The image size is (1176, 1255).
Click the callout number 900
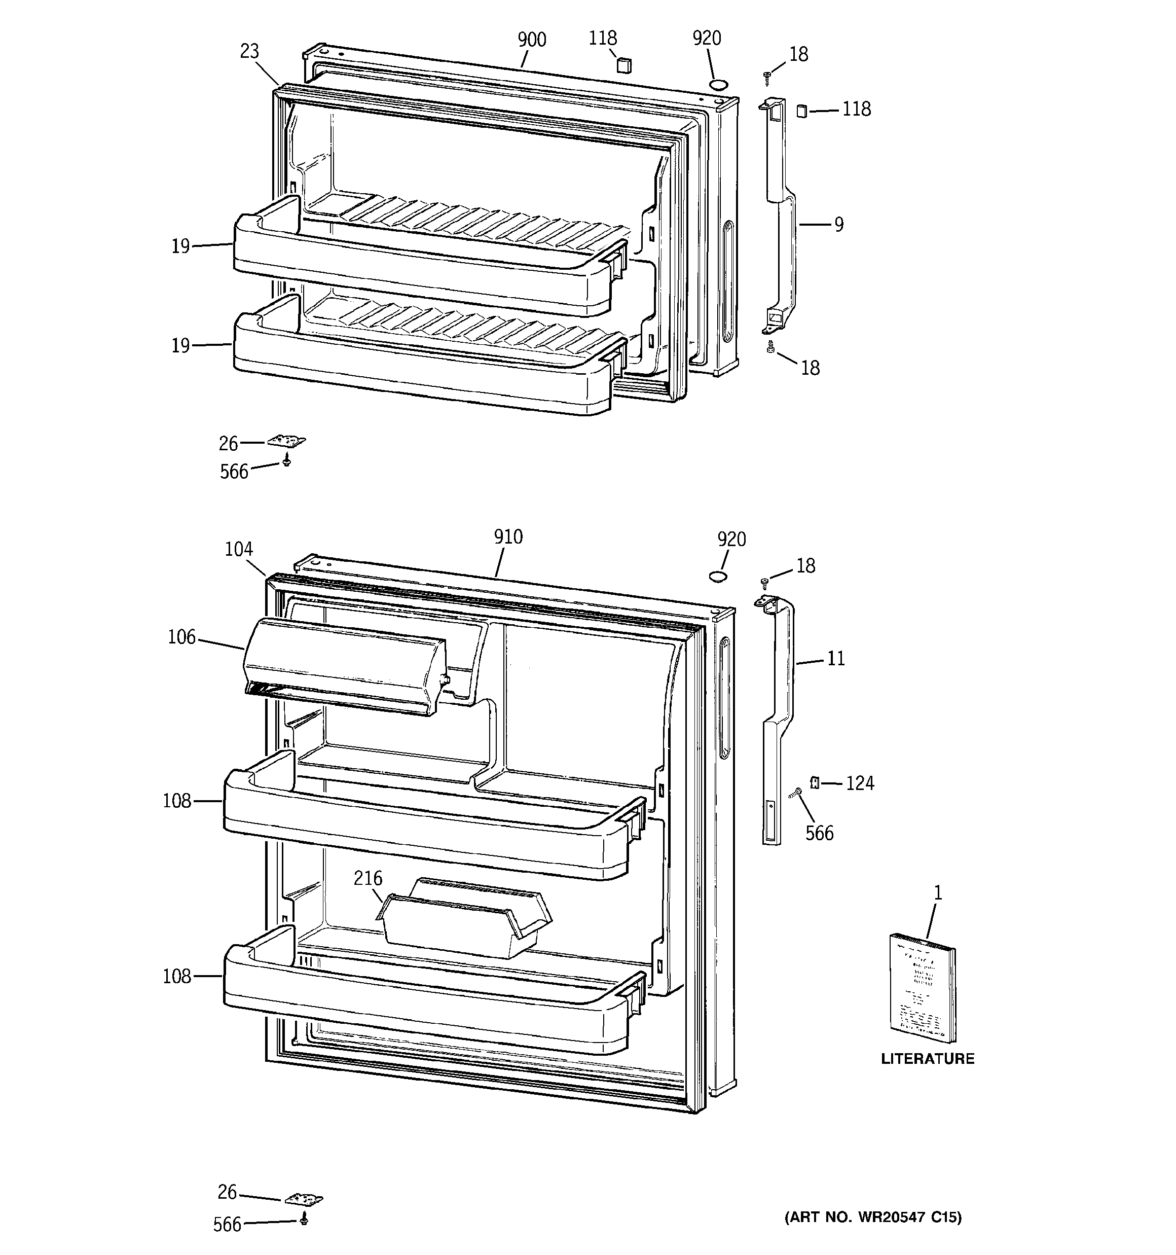(x=532, y=40)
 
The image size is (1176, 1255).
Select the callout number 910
(x=508, y=537)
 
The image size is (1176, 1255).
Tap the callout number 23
(x=249, y=51)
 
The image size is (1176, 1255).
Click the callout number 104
(x=239, y=550)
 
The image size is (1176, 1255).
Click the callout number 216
(x=368, y=878)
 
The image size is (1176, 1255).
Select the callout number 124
(x=860, y=783)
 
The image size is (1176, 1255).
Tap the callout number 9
(x=838, y=225)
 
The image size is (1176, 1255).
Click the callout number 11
(x=835, y=659)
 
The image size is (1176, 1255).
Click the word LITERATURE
(x=927, y=1059)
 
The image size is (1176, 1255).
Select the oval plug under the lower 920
(x=718, y=577)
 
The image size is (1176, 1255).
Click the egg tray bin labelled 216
(x=464, y=920)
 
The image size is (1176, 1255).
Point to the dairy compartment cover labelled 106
(x=344, y=666)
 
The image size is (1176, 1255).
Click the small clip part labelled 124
(x=814, y=783)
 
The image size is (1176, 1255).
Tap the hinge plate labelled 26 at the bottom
(x=303, y=1199)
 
